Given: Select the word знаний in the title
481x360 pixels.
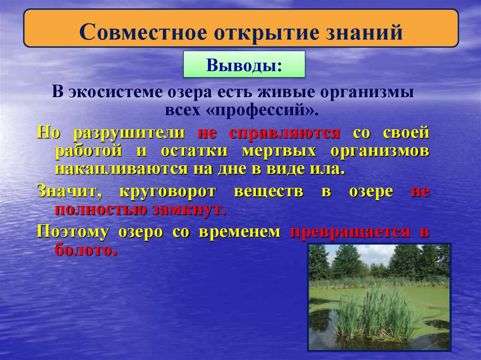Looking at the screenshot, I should [366, 34].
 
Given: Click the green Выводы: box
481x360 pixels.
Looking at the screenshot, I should [243, 65].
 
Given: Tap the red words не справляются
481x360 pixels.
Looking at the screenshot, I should [269, 133].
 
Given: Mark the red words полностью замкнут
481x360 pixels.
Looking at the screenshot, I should [140, 209].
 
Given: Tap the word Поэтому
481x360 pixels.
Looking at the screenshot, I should [72, 232].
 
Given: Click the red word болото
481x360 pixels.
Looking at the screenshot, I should [84, 249].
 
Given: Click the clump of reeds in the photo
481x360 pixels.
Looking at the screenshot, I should [371, 314].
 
